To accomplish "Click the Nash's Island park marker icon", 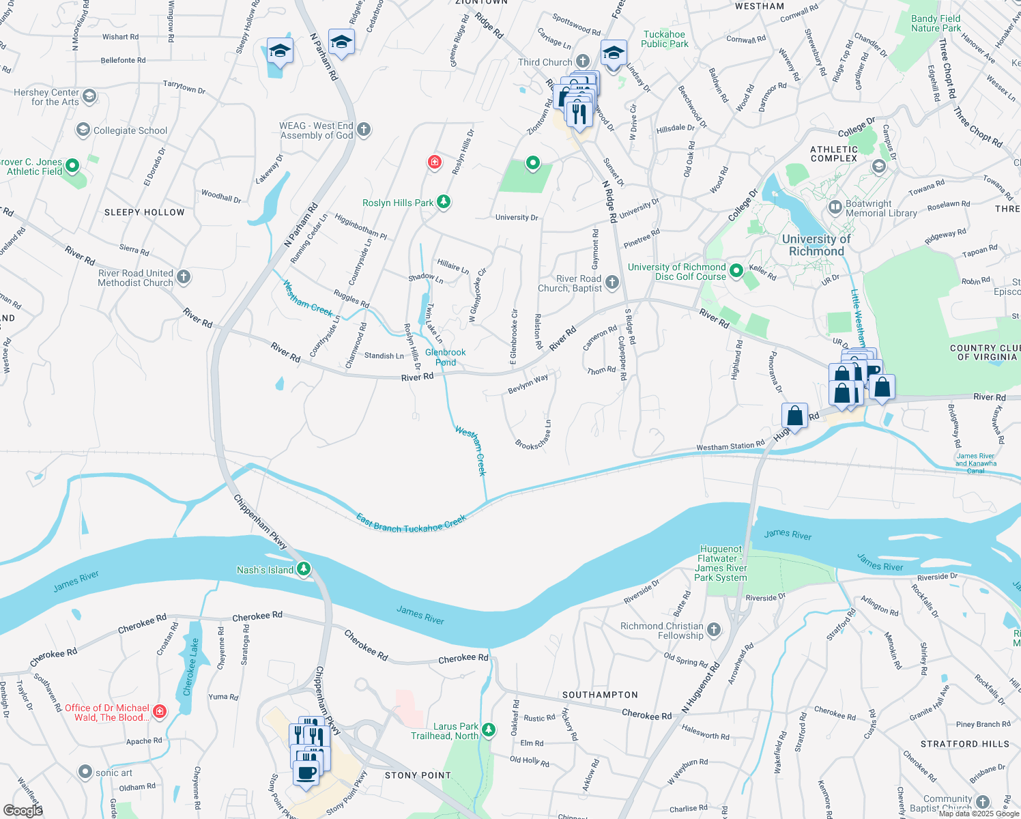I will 304,569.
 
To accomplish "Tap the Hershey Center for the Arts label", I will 46,97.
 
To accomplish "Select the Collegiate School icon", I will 83,130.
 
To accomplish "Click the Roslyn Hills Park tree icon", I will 444,202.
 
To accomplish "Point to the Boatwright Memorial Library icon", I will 835,207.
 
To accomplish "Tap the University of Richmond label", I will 816,245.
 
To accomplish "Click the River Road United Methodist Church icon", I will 184,277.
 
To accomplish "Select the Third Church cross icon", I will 582,62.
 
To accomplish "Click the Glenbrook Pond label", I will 445,357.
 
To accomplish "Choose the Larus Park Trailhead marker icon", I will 489,730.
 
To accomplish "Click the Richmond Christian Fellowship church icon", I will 714,629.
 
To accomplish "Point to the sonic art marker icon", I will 85,772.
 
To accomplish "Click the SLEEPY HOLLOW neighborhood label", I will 144,212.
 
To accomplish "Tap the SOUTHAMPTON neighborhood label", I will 600,695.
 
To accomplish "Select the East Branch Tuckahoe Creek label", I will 411,524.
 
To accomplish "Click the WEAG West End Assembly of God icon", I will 364,130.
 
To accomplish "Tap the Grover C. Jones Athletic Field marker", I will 72,166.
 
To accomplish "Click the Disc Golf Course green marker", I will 736,271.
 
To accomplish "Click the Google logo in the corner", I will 23,810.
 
